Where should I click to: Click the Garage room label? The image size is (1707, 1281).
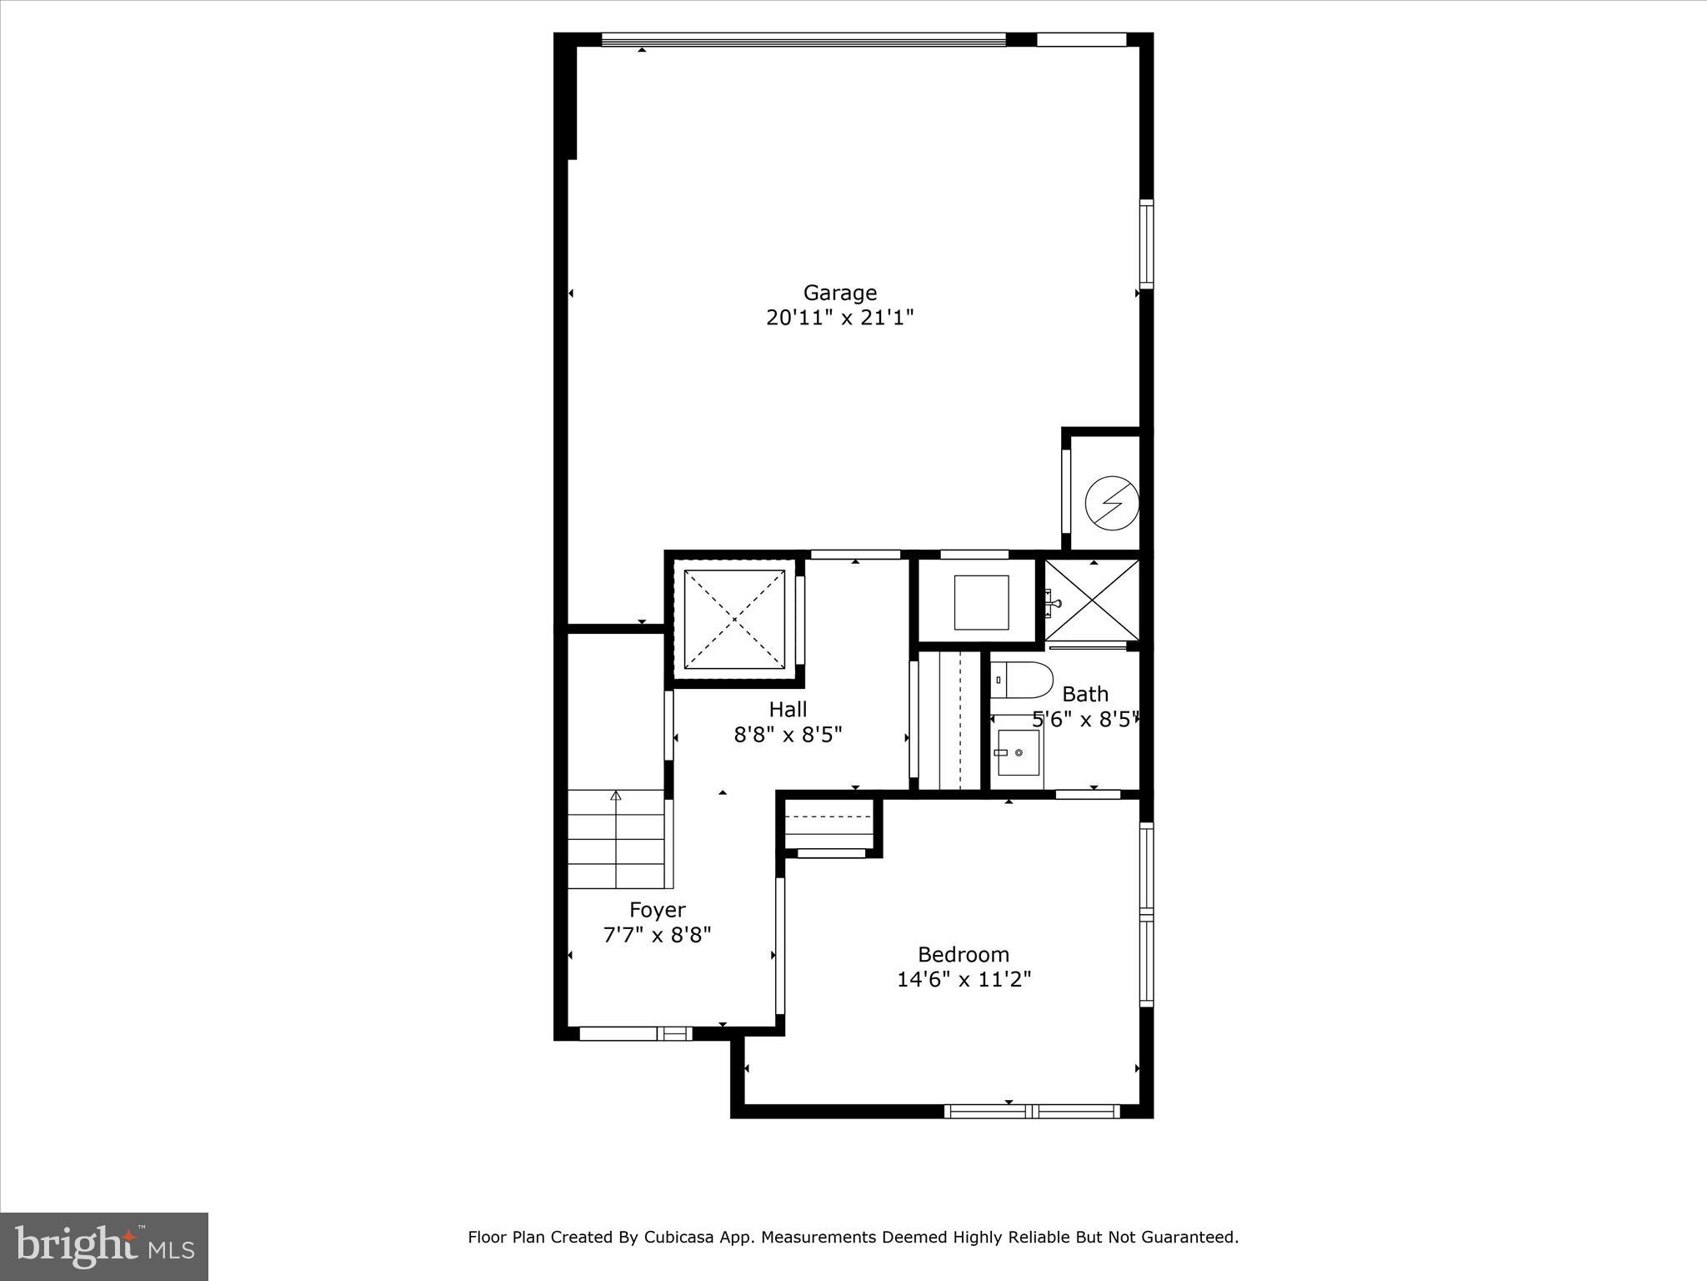point(839,293)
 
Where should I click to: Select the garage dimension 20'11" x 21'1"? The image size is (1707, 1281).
point(839,318)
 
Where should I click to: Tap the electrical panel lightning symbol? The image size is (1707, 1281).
point(1111,503)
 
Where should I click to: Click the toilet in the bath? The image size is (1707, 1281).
point(1021,681)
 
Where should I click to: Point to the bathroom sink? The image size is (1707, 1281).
point(1018,752)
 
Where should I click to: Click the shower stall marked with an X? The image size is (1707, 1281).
point(1092,600)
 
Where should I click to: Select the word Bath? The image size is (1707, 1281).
point(1085,694)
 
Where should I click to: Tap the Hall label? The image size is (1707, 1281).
point(788,710)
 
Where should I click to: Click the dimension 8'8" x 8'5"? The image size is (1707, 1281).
point(788,735)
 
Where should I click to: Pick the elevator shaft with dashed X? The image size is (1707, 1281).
point(734,619)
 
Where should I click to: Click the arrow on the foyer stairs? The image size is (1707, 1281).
point(616,796)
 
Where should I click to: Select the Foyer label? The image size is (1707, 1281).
point(657,910)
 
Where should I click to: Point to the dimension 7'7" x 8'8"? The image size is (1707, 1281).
point(657,934)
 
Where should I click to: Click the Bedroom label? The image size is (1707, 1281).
point(963,954)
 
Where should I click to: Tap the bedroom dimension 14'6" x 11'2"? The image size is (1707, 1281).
point(964,979)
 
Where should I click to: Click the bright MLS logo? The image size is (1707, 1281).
point(104,1247)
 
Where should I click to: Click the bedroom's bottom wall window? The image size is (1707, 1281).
point(1032,1111)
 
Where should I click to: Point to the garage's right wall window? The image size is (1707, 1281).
point(1147,244)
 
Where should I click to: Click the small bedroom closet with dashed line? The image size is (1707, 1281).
point(830,826)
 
